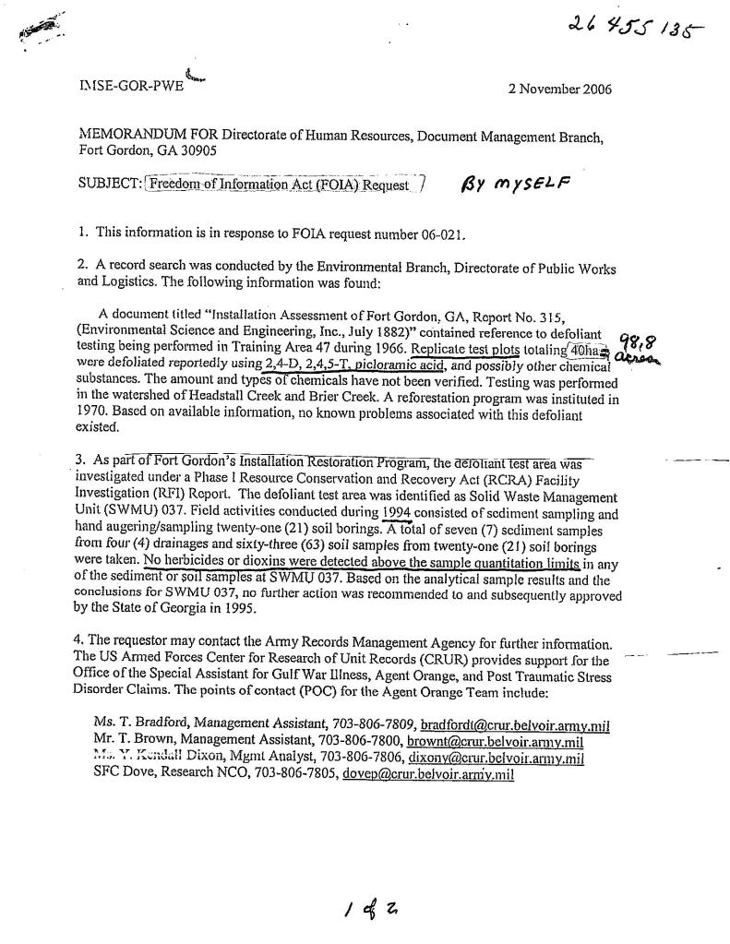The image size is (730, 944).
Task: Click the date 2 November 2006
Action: (559, 90)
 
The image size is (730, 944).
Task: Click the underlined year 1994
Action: (393, 514)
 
